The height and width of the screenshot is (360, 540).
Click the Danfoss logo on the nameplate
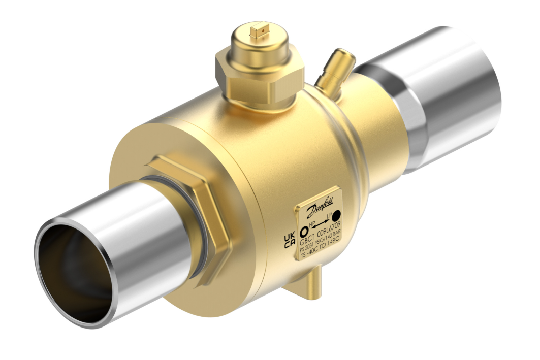click(319, 208)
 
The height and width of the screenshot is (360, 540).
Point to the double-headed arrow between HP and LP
click(320, 226)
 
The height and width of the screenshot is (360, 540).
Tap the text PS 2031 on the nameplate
click(308, 249)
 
